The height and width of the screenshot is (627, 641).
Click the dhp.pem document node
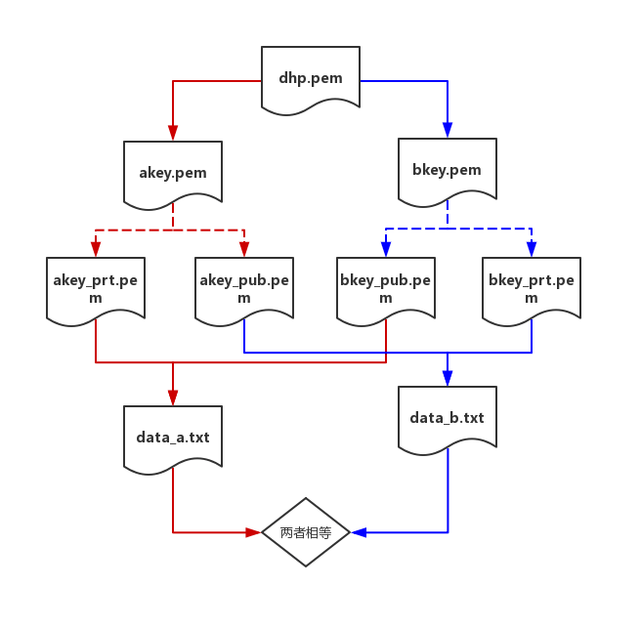(x=311, y=77)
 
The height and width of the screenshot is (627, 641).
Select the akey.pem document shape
(x=173, y=173)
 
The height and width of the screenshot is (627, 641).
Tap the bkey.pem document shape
(x=448, y=170)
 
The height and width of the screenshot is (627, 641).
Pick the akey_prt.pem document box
(x=96, y=288)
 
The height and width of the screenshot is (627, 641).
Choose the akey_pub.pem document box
(x=244, y=288)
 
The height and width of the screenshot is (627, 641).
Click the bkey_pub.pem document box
(x=386, y=288)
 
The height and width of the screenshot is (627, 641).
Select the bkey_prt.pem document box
(x=532, y=288)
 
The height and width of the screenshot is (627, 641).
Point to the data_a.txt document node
(x=173, y=437)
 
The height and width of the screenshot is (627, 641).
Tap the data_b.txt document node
(x=448, y=418)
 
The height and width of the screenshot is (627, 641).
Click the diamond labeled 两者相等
(x=306, y=532)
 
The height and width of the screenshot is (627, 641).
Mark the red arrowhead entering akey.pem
(x=173, y=134)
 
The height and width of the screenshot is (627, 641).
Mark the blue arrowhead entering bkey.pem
(x=448, y=131)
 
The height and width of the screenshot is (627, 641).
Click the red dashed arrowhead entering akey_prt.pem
(x=96, y=249)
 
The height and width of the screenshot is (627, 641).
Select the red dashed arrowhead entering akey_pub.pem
(x=244, y=249)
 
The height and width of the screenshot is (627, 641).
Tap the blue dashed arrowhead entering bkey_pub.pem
(x=386, y=249)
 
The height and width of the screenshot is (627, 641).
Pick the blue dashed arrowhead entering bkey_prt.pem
(x=532, y=249)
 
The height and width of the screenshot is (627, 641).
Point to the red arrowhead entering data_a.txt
(x=173, y=397)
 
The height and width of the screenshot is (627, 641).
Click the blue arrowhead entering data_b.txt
(x=448, y=378)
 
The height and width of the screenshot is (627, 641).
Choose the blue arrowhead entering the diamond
(x=358, y=532)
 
